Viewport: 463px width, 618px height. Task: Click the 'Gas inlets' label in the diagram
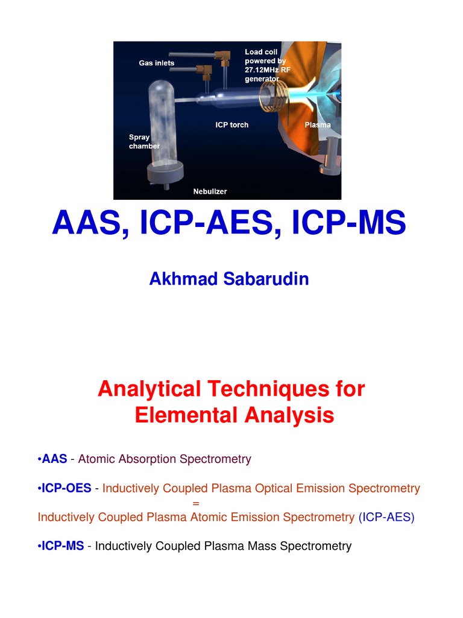pos(156,63)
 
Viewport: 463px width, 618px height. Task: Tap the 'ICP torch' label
pos(231,125)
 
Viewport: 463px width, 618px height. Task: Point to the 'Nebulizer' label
pos(210,191)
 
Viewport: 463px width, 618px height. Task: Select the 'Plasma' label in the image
pos(317,125)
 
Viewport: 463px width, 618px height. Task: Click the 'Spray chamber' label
pos(144,142)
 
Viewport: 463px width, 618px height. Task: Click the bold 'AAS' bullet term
pos(54,459)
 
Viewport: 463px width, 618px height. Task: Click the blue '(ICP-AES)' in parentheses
pos(386,517)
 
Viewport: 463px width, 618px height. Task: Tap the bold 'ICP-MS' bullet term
pos(63,546)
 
